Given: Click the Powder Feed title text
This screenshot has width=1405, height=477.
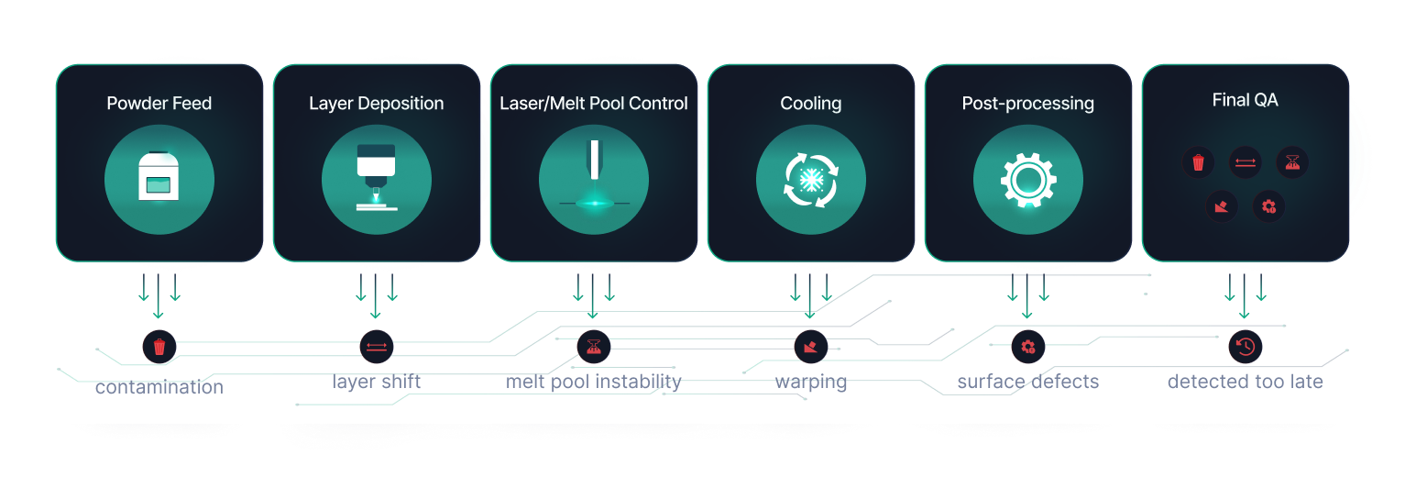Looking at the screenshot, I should [159, 104].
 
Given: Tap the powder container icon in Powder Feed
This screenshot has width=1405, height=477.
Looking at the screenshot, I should [159, 176].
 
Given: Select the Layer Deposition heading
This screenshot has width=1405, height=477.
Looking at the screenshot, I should [376, 104].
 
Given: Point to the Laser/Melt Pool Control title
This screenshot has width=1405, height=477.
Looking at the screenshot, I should [593, 104].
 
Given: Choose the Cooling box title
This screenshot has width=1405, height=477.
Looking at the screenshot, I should [810, 104].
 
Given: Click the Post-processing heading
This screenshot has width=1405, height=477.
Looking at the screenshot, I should [1027, 104].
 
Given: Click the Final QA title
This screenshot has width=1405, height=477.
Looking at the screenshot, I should [1245, 101].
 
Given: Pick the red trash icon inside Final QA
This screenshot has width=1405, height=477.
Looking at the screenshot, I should [1198, 163].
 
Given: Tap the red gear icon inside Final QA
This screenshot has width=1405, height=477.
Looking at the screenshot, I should [1268, 206].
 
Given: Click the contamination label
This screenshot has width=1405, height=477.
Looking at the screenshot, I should [159, 387].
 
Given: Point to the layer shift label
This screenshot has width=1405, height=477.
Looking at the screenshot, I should [376, 381].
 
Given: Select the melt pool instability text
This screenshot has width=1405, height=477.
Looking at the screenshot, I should [593, 381].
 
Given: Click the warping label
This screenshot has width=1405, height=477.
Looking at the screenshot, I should [810, 381].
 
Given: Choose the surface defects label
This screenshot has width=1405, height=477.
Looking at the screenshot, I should [1027, 382].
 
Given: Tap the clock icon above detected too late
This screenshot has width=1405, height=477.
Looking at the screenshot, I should [1245, 347].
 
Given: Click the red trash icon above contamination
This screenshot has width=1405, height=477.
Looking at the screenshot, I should [159, 347].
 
